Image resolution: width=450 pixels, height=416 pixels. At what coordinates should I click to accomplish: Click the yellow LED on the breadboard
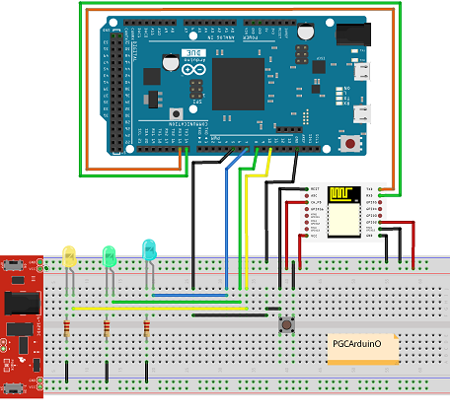pos(69,256)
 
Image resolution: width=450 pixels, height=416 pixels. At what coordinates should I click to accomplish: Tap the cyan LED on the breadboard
pos(149,249)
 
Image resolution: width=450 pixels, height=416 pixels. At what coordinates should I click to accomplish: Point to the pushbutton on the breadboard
pos(286,323)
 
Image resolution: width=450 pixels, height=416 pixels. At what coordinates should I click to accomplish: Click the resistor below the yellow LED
pos(66,329)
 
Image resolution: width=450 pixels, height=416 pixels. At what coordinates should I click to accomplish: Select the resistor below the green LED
pos(107,329)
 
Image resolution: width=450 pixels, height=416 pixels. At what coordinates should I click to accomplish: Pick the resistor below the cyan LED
pos(146,328)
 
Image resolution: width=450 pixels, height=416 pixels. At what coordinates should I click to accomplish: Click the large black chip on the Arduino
pos(238,84)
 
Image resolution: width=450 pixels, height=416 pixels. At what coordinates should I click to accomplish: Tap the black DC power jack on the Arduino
pos(350,35)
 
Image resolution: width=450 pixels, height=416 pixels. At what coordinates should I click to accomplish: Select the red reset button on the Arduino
pos(348,143)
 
